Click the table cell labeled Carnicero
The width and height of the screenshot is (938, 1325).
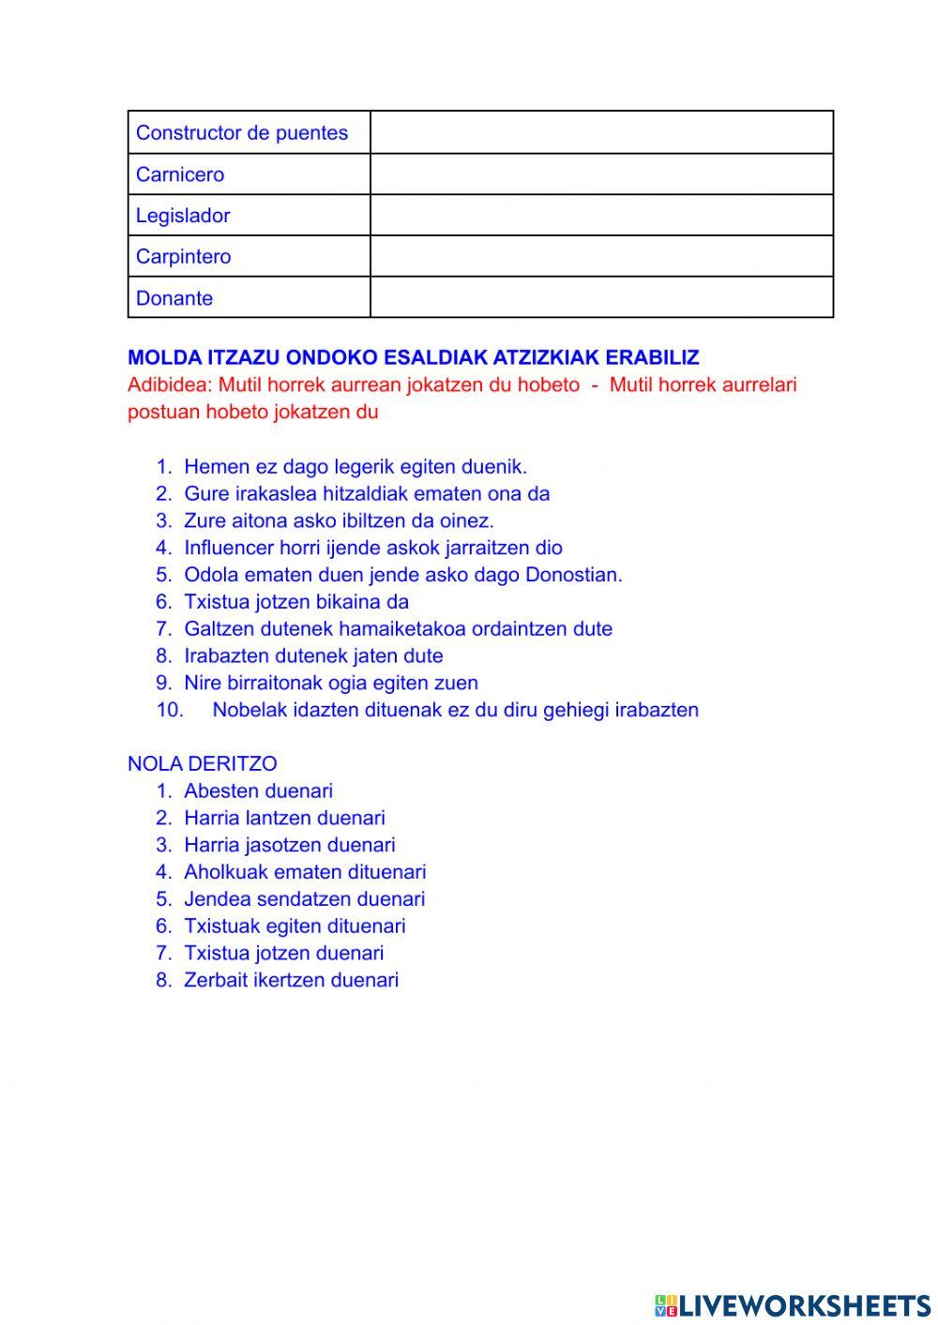(180, 174)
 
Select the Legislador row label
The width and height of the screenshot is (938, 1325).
(183, 216)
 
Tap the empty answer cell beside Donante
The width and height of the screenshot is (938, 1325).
(601, 297)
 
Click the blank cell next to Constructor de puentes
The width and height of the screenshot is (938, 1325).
(601, 132)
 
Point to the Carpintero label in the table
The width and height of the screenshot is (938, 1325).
(183, 257)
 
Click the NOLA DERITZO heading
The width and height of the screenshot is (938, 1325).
(202, 763)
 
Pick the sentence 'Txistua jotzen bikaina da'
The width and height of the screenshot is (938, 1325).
(296, 602)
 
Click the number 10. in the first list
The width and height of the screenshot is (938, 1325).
(170, 710)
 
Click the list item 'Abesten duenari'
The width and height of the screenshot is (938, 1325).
(258, 791)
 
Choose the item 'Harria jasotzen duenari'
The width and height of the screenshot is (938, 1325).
(289, 845)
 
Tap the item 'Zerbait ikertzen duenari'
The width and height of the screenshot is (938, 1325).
(291, 980)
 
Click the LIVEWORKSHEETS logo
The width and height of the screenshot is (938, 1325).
(792, 1305)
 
